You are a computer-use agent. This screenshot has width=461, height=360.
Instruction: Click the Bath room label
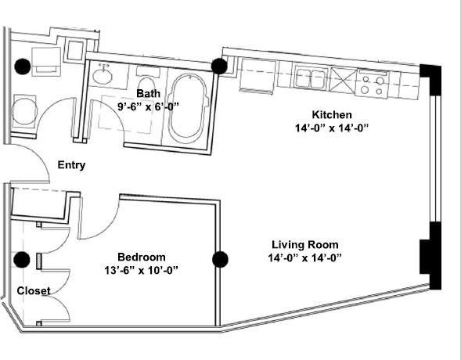pos(149,93)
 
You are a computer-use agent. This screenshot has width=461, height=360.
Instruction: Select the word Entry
pos(71,165)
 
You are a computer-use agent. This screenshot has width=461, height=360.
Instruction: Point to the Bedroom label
pos(141,257)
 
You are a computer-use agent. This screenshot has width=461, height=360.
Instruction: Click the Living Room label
pos(304,243)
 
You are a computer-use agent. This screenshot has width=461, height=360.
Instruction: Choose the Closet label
pos(34,290)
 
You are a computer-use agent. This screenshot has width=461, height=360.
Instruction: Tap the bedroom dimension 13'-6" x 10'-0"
pos(141,270)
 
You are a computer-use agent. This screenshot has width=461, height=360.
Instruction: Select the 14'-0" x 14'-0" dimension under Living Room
pos(304,257)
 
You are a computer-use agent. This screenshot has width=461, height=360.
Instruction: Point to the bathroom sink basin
pos(102,77)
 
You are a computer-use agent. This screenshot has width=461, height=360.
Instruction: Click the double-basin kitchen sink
pos(311,78)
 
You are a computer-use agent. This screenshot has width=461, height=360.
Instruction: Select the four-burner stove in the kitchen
pos(372,81)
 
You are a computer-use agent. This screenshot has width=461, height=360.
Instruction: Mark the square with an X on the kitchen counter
pos(341,79)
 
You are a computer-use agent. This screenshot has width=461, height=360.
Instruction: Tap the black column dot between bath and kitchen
pos(219,67)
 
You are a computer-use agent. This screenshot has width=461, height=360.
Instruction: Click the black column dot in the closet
pos(23,259)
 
